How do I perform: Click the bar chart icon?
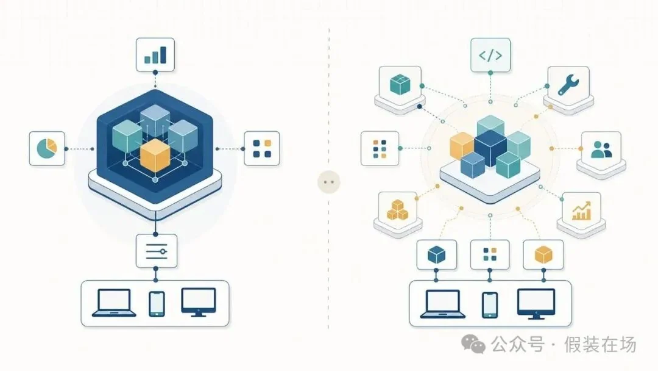[155, 55]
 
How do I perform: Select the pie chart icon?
[46, 148]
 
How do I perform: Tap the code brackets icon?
[490, 55]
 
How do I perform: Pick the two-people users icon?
[601, 149]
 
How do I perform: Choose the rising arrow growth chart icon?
[582, 211]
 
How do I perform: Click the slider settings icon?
[156, 251]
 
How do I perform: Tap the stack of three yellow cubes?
[397, 210]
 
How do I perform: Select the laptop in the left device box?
[114, 303]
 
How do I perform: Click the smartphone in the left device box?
[157, 304]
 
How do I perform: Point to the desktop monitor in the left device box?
[199, 302]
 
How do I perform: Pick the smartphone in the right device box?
[490, 305]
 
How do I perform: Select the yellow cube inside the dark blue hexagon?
[155, 155]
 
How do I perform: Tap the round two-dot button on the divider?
[328, 182]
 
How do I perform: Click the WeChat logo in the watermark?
[473, 344]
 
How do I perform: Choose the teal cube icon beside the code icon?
[400, 84]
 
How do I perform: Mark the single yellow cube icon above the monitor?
[543, 254]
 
